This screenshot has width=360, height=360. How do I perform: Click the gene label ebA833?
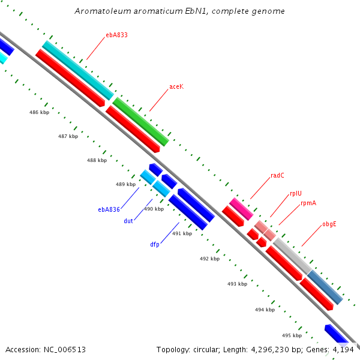click(116, 35)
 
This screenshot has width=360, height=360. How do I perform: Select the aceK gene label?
click(176, 86)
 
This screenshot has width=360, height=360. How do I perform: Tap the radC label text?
click(277, 175)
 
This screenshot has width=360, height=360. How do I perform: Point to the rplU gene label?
click(295, 193)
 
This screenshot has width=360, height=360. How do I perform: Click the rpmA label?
click(308, 203)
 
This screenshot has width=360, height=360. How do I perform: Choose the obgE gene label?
click(329, 224)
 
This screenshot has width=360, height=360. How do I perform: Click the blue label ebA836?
click(109, 209)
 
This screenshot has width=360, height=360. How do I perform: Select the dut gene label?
click(128, 221)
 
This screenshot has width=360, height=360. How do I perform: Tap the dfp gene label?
click(155, 244)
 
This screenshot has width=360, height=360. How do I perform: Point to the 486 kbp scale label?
click(39, 112)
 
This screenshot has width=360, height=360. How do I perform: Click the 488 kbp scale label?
click(97, 160)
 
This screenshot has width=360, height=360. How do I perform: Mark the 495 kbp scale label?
click(292, 335)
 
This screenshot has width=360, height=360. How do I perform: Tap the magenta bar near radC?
click(241, 208)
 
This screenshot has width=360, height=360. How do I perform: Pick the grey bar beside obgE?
click(292, 256)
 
